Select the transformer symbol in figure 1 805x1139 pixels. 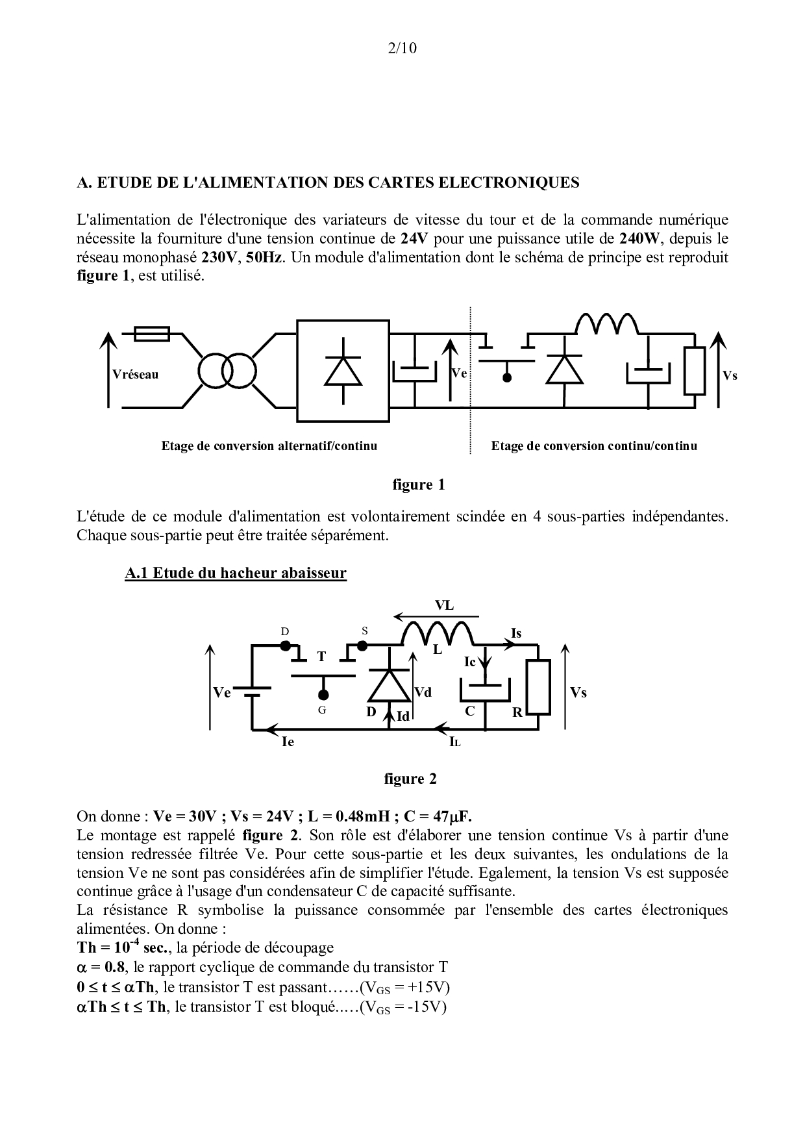225,371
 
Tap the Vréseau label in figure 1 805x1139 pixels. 135,375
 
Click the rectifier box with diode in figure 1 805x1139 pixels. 343,371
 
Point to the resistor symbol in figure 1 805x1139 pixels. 695,371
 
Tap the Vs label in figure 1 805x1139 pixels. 730,376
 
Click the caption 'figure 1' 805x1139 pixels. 418,484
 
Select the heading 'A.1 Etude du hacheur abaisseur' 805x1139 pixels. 236,573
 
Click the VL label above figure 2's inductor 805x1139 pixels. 444,606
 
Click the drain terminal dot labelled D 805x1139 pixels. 285,645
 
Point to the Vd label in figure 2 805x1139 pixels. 423,692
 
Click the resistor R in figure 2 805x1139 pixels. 539,687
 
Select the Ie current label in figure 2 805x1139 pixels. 288,741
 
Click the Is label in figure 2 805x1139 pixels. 516,633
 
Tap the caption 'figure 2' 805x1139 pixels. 410,779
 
